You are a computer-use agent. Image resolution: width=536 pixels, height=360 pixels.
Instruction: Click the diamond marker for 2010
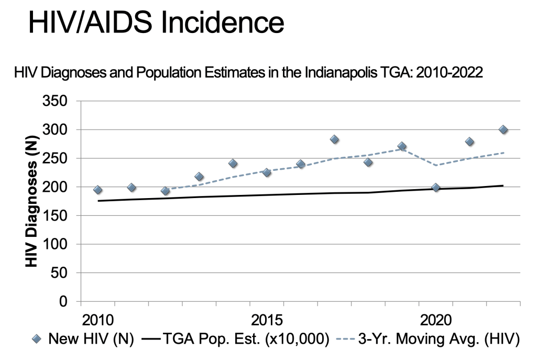97,190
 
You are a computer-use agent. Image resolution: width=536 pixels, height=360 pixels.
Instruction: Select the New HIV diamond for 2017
334,139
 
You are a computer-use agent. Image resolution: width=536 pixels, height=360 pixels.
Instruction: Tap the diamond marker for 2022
503,129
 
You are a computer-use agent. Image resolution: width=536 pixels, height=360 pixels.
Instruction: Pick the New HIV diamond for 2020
435,188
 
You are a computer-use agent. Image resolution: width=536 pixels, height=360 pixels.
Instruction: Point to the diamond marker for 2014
233,163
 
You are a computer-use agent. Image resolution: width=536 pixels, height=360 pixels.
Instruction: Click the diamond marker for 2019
402,146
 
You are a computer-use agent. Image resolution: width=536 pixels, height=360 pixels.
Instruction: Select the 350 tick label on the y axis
59,101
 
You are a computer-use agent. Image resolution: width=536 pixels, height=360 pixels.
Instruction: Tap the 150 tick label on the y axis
59,215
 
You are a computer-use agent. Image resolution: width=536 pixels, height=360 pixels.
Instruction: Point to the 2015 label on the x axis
267,320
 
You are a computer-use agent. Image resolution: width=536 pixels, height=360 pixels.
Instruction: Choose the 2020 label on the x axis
435,320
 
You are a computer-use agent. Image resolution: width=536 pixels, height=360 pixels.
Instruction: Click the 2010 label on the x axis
97,320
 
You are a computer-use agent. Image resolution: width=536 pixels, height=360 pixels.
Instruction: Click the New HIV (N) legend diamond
36,340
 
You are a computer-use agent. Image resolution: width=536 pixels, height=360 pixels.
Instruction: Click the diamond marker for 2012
165,191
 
